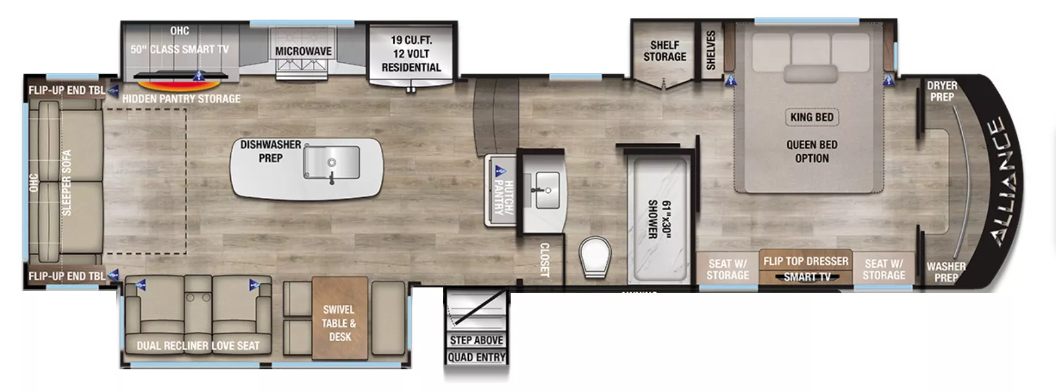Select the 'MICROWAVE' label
[303, 51]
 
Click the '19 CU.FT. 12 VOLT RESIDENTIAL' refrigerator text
[411, 54]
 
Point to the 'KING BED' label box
[811, 117]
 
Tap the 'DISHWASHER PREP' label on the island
[270, 151]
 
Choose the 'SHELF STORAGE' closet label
[664, 51]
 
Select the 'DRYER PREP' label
[942, 91]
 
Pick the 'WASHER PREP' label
[945, 272]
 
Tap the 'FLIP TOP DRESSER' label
[805, 261]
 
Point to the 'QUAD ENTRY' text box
[477, 357]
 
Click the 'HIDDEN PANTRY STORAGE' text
[181, 99]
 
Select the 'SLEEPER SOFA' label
[66, 182]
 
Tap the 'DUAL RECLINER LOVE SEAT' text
[198, 345]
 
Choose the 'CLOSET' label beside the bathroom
[544, 259]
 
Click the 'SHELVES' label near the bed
[710, 50]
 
